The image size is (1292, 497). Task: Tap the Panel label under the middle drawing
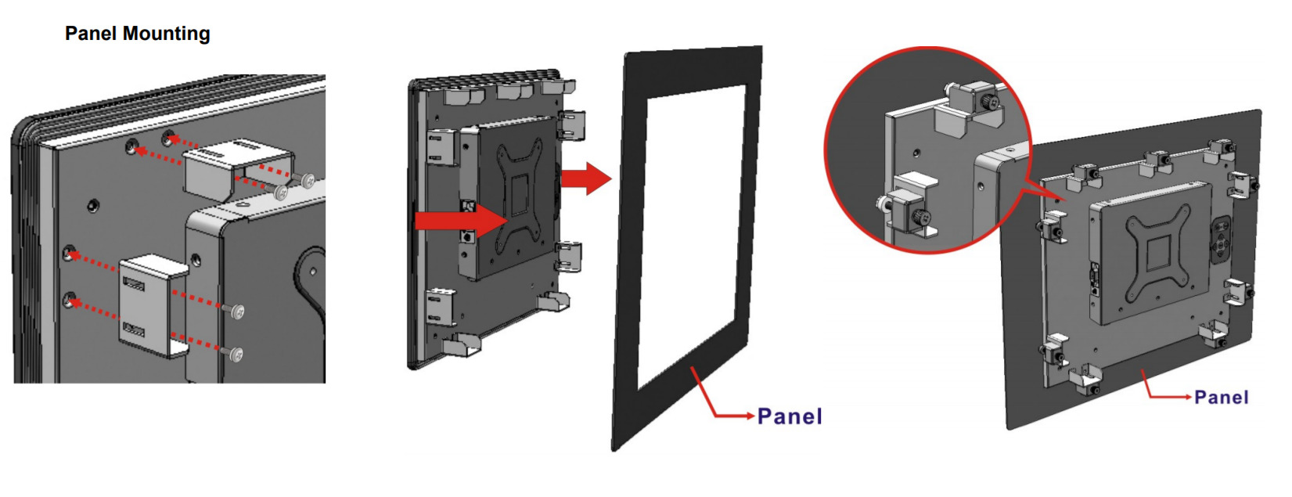coord(790,416)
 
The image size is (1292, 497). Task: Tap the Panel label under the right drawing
coord(1221,398)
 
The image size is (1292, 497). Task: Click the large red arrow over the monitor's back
coord(462,221)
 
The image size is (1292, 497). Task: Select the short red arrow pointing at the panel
coord(586,178)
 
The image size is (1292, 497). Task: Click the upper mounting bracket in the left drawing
coord(238,169)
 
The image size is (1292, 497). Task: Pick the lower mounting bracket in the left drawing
coord(153,305)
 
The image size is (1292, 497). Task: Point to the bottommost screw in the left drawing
coord(236,354)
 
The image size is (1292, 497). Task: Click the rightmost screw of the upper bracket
coord(308,181)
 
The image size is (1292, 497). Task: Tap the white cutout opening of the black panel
coord(691,236)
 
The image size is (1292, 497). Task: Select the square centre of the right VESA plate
coord(1157,253)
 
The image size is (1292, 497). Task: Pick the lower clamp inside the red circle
coord(909,207)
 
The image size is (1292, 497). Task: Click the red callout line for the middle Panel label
coord(718,398)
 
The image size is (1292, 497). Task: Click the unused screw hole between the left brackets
coord(92,205)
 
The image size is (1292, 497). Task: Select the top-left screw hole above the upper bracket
coord(131,147)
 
